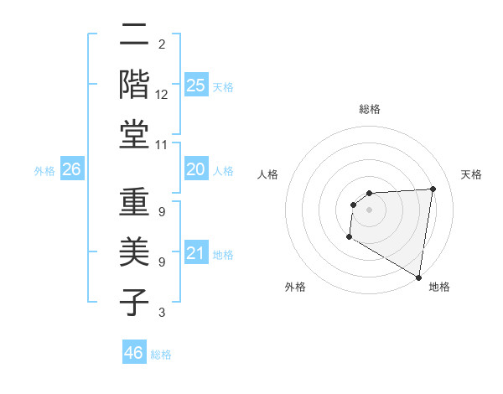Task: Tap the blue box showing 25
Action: (195, 85)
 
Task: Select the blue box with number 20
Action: (195, 170)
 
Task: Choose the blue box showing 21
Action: (195, 253)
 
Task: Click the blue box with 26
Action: (71, 170)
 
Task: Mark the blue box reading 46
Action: (134, 353)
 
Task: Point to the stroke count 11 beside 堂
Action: (162, 144)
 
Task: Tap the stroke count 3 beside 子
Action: (162, 314)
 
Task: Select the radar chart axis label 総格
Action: (370, 109)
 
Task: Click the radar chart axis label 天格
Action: (471, 174)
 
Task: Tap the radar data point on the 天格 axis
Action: (433, 189)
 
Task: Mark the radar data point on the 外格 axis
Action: (349, 237)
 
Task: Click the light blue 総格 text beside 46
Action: (161, 355)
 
